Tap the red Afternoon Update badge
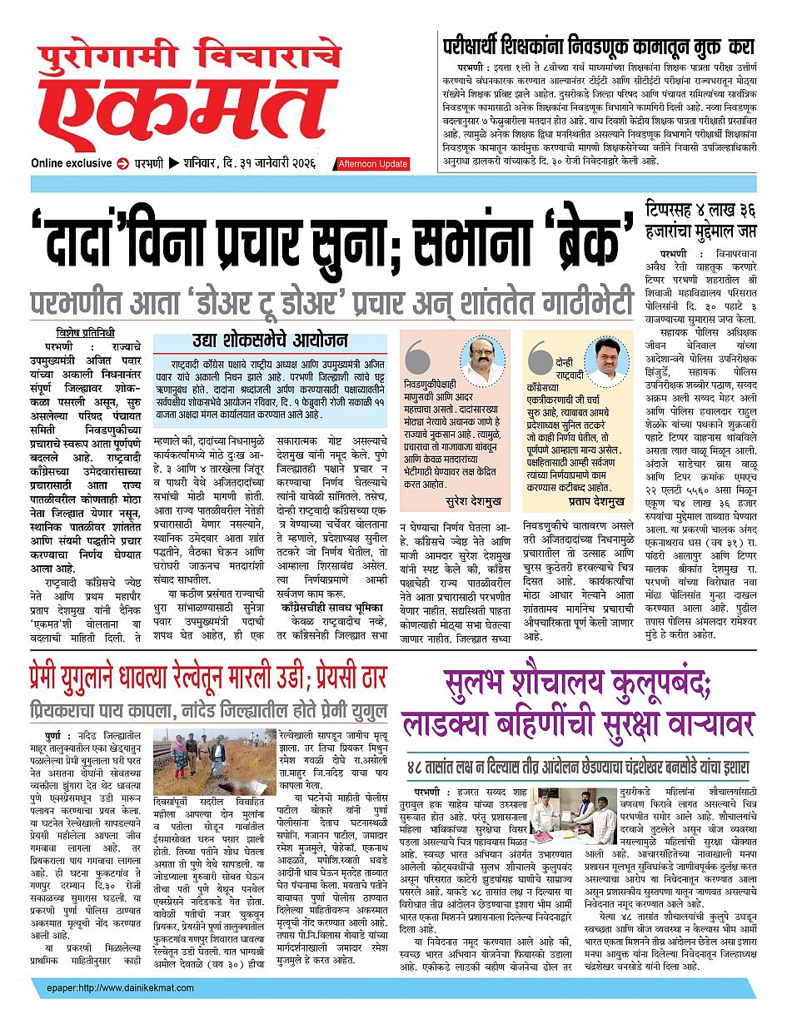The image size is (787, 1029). pos(371,163)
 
